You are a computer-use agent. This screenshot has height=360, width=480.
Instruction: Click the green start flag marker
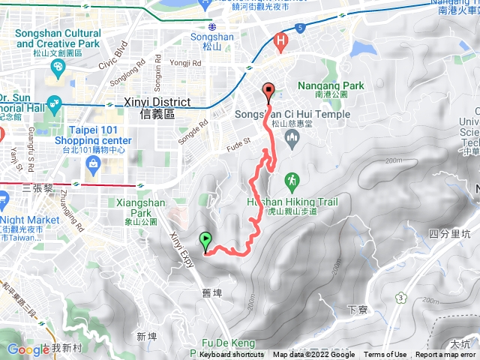[205, 241]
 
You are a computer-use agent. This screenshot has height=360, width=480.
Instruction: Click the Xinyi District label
[157, 107]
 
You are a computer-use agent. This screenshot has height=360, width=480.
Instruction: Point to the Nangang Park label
[331, 90]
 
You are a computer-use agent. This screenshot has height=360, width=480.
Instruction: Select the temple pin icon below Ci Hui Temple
[292, 136]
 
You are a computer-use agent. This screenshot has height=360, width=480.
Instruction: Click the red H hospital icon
[282, 42]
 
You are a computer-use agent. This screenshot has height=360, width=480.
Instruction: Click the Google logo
[28, 349]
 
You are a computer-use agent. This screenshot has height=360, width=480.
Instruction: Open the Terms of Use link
[385, 355]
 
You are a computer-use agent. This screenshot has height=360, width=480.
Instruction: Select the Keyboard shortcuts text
[232, 355]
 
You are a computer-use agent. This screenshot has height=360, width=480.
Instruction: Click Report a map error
[447, 355]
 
